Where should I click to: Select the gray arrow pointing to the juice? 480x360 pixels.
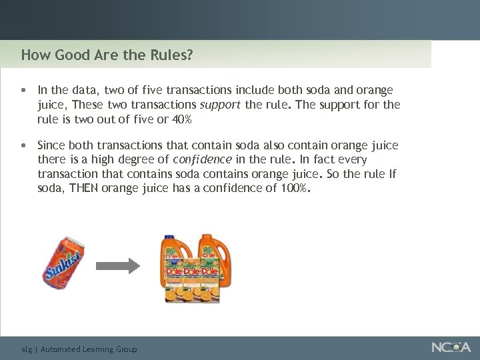[117, 265]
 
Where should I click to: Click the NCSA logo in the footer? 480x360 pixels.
[451, 347]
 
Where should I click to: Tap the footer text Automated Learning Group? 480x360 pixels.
[89, 349]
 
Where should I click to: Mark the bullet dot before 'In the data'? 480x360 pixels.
[23, 90]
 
